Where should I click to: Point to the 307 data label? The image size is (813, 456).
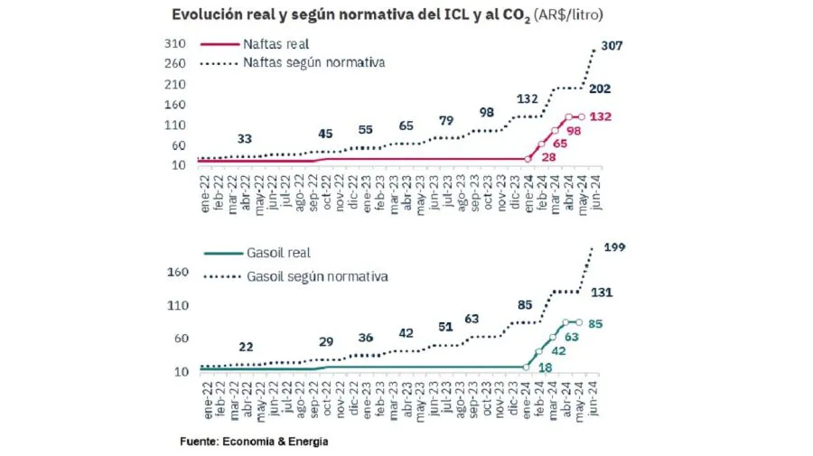tap(612, 46)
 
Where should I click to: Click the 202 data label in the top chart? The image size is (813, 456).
tap(599, 88)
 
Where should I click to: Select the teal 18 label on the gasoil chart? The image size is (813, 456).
tap(545, 368)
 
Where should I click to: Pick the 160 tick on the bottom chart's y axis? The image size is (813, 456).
tap(178, 273)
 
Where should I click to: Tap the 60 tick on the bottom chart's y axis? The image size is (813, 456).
tap(182, 339)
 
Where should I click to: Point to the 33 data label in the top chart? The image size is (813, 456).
tap(244, 139)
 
